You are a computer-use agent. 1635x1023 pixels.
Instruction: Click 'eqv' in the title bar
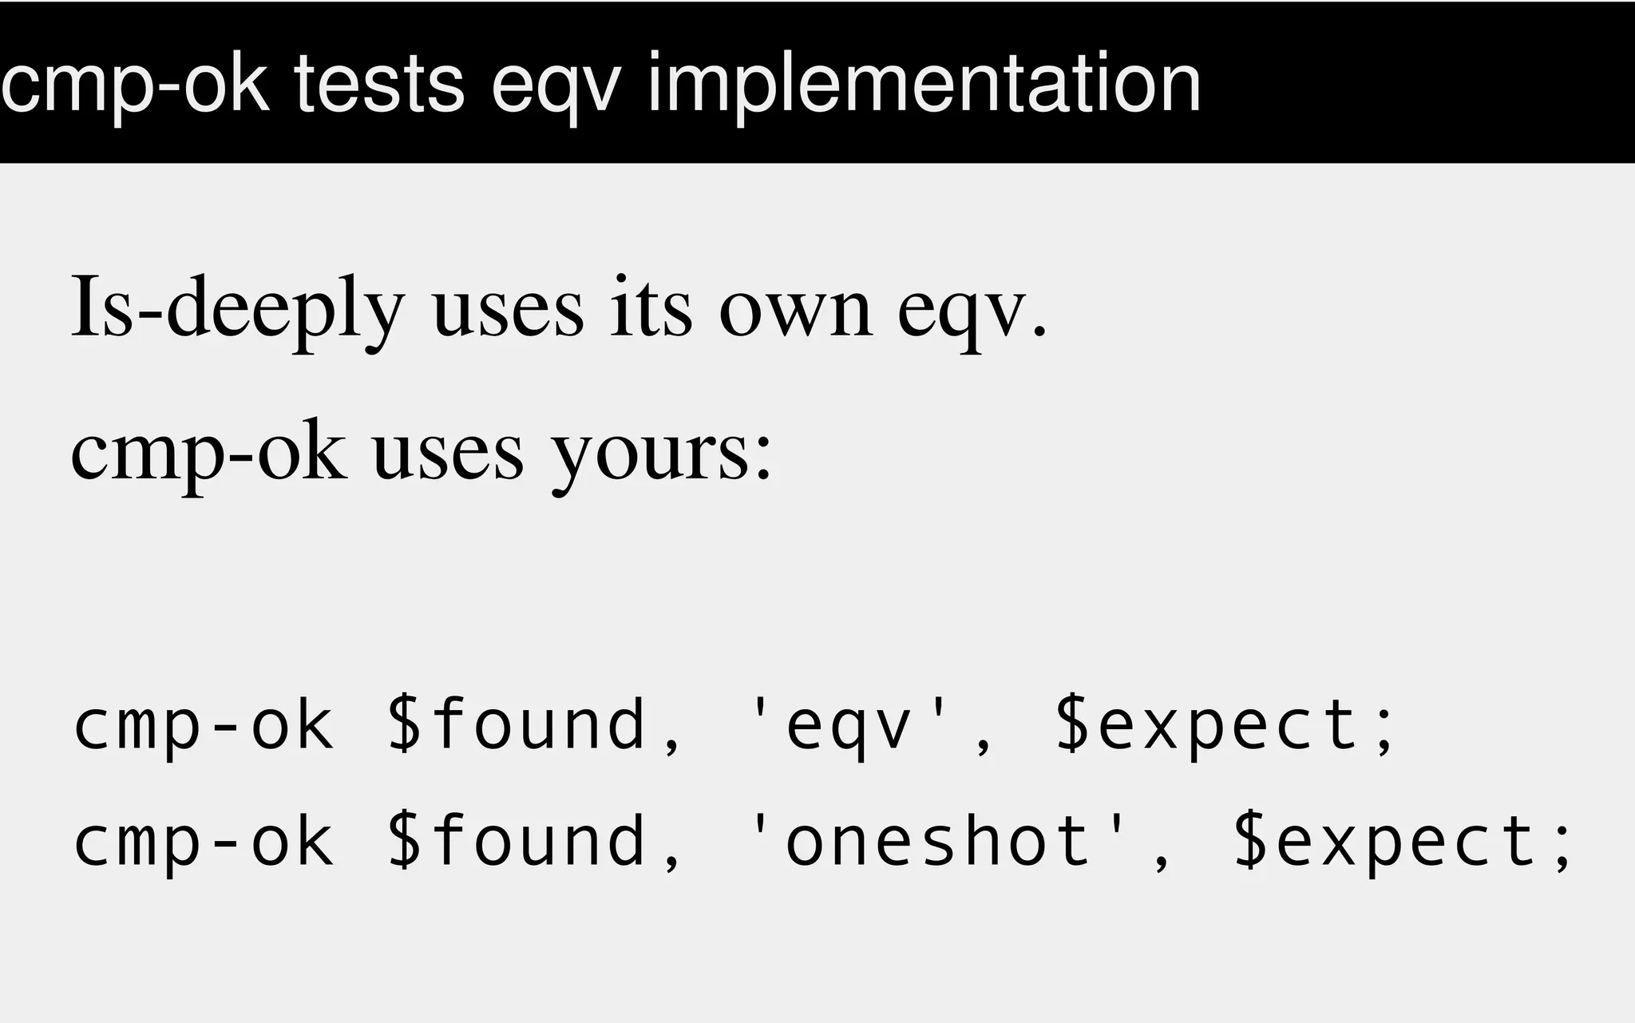[x=556, y=86]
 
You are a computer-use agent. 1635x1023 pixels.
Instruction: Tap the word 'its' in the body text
[x=651, y=308]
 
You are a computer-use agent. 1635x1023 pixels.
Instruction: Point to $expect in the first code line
[x=1207, y=725]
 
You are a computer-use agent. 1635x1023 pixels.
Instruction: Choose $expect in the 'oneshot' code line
[x=1386, y=842]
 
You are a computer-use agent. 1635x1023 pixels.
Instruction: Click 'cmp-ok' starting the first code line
[x=204, y=725]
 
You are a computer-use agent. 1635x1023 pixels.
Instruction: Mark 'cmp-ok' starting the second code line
[x=204, y=842]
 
